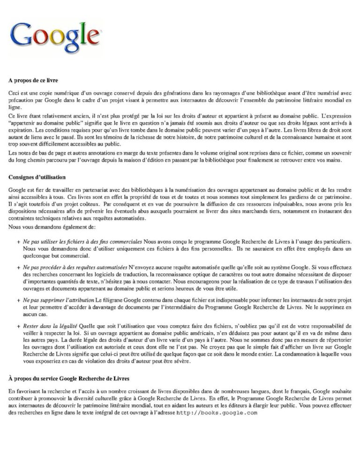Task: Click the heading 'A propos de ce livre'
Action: pos(33,80)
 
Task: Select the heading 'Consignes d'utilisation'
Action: pos(37,177)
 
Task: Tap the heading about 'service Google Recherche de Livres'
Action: pos(68,378)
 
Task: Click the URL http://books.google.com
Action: pos(217,413)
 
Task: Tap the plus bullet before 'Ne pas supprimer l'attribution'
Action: pos(18,299)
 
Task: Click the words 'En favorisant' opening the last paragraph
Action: pos(24,391)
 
